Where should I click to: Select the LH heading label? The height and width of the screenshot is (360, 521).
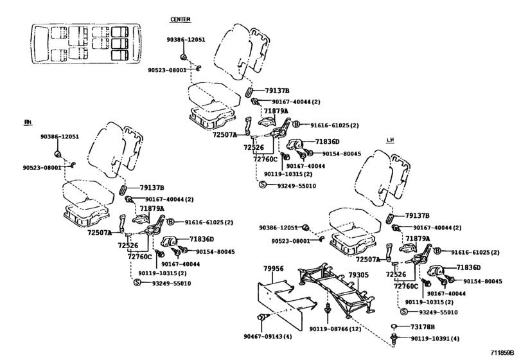390,139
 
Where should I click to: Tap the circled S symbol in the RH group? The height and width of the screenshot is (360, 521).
137,282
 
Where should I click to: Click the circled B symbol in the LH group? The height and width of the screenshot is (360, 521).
437,251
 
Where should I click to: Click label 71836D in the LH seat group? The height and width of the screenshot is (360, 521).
470,267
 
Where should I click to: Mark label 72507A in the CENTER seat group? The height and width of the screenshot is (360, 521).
226,135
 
